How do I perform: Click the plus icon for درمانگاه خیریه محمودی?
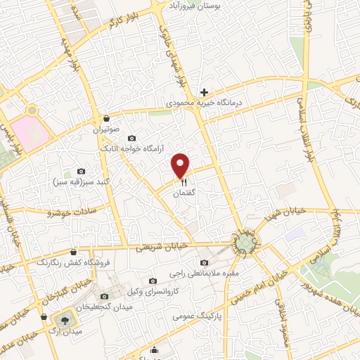(205, 92)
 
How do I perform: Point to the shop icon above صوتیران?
(106, 118)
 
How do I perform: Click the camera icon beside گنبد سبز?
(81, 172)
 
